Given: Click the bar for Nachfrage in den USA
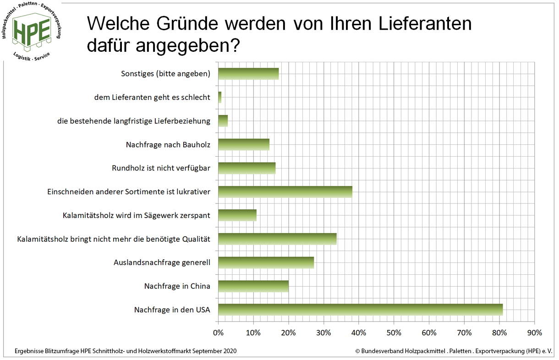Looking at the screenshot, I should pos(360,310).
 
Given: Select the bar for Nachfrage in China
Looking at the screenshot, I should pos(253,286).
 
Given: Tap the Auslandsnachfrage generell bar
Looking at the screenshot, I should pos(266,262).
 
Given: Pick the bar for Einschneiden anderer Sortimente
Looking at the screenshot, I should pos(285,191).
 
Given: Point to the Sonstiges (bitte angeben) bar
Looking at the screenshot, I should pos(248,74).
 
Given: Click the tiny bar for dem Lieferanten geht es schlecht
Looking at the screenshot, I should pos(220,97).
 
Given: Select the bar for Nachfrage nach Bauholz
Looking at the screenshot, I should pos(244,144).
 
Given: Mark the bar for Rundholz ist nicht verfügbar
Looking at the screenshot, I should pos(247,168).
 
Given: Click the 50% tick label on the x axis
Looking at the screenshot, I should pos(394,332).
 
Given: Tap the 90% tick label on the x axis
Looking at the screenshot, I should pos(534,332).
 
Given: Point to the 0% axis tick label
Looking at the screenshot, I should pos(219,332).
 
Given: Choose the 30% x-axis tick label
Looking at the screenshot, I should pos(323,332).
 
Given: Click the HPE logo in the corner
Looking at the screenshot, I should pos(32,31).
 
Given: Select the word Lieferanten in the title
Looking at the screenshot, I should pos(407,23).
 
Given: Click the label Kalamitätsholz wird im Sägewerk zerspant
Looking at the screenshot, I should pos(136,215).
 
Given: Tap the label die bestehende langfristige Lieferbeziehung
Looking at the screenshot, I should pos(133,121).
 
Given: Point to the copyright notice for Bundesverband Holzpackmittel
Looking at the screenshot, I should pos(454,351).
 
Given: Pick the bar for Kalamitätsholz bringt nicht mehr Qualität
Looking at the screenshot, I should pos(277,239).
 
